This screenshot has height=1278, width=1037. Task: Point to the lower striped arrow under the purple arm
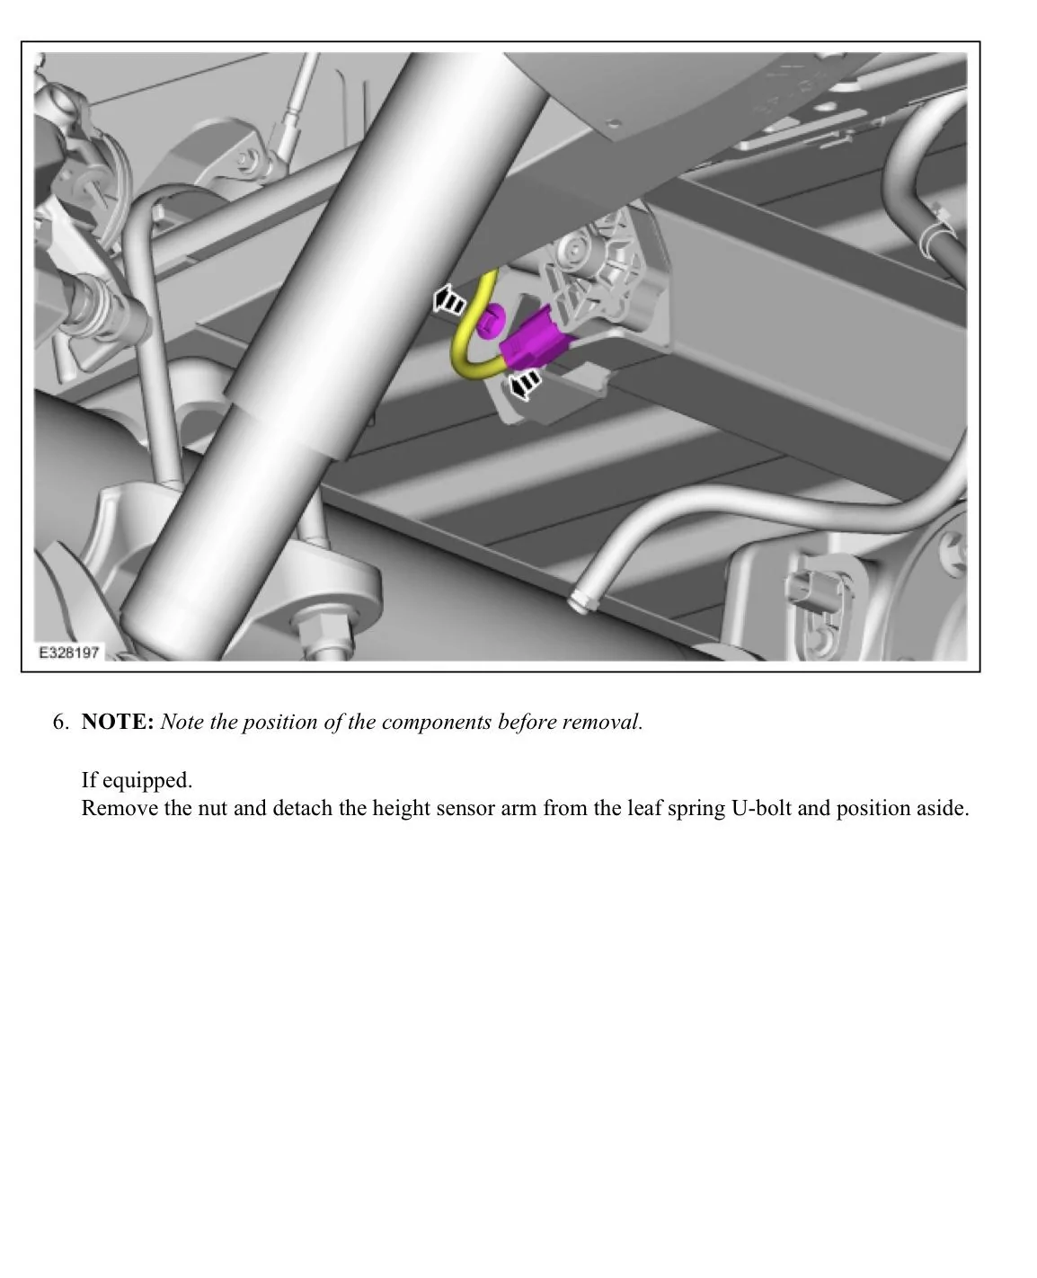click(x=524, y=384)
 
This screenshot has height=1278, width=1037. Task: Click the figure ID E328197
click(x=68, y=652)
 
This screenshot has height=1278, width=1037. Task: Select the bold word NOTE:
click(x=118, y=722)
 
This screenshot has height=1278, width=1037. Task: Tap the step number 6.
click(x=60, y=722)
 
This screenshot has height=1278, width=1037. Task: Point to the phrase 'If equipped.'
click(x=137, y=779)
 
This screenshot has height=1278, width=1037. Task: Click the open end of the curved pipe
click(x=580, y=603)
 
